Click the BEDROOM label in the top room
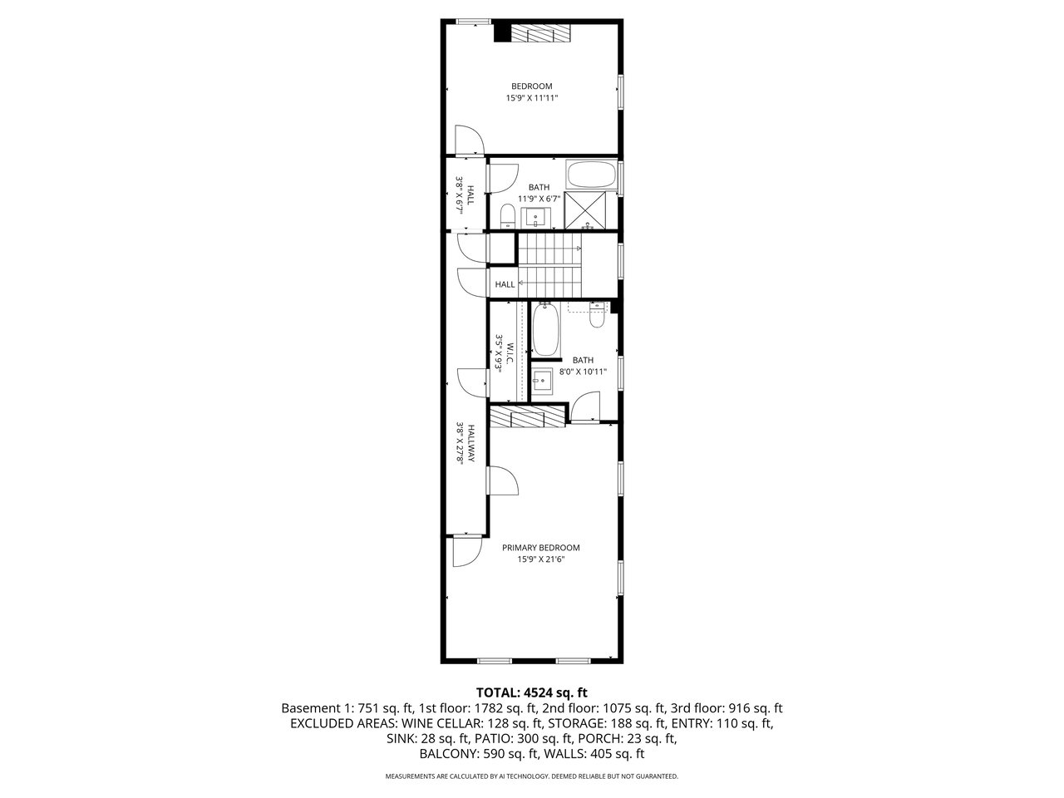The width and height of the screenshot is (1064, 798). pos(531,86)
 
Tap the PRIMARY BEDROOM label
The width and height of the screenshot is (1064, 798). pos(540,548)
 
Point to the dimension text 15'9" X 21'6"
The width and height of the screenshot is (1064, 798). pos(540,559)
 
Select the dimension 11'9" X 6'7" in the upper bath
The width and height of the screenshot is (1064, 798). pos(539,199)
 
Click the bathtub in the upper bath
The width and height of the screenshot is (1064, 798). pos(591,175)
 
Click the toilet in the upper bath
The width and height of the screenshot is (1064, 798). pos(507,216)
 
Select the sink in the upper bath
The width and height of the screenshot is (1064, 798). pos(535,218)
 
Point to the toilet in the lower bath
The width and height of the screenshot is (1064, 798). pos(597,315)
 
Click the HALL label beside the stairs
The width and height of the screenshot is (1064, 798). pos(505,284)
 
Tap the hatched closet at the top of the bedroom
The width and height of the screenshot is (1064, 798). pos(541,33)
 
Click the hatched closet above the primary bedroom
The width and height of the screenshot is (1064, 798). pos(527,416)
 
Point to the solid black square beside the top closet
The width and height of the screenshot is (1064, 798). pos(502,32)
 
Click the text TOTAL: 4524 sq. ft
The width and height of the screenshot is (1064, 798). pos(532,692)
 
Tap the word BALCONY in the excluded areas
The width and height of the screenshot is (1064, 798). pos(449,754)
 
